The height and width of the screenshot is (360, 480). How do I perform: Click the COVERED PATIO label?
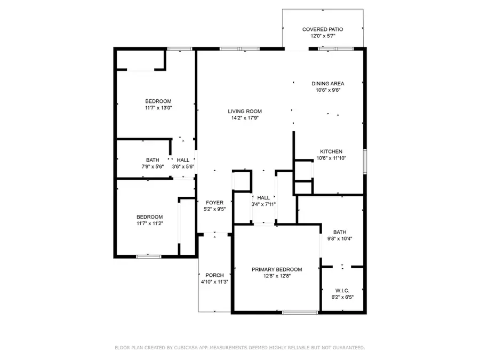pos(322,29)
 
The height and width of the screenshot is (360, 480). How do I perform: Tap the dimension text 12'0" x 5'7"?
pos(322,36)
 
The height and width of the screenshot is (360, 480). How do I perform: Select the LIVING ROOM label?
pos(245,111)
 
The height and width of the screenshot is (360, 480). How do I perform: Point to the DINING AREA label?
pos(327,83)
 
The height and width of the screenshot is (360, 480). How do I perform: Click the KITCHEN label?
pos(331,151)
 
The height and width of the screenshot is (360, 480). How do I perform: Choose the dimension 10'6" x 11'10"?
pos(331,158)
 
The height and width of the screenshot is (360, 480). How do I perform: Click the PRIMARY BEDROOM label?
pos(277,269)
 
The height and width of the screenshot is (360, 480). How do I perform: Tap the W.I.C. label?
pos(342,291)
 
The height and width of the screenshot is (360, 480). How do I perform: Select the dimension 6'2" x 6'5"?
pos(342,298)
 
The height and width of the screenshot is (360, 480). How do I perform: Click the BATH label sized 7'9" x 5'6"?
pos(153,160)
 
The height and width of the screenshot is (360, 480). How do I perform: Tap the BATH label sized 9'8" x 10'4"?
pos(340,232)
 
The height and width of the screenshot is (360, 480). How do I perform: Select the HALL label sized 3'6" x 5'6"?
pos(183,160)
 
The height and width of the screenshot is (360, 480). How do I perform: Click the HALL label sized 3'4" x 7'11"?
pos(263,198)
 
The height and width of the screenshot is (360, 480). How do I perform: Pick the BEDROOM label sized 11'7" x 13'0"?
pos(158,101)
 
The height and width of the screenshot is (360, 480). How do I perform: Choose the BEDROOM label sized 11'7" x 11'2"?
pos(149,217)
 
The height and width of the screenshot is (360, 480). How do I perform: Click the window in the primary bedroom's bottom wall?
pos(300,312)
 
